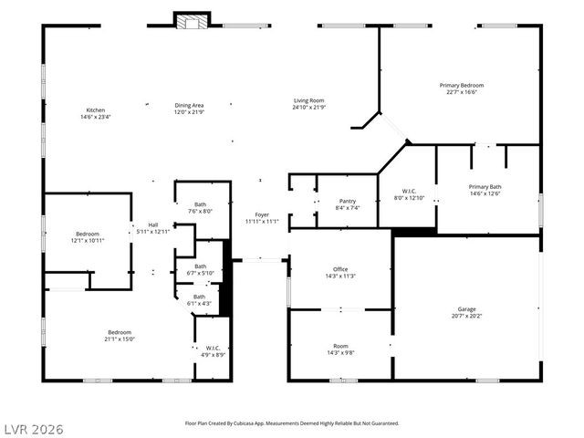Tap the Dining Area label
[x=189, y=105]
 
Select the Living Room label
[x=308, y=100]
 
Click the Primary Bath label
[x=485, y=186]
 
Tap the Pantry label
[x=347, y=201]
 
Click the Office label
[x=339, y=269]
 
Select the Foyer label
[x=262, y=214]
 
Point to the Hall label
[x=152, y=224]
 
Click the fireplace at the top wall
[x=193, y=21]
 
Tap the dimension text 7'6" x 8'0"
[x=200, y=212]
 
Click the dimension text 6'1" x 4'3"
[x=199, y=303]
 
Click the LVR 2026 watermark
[x=33, y=428]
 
